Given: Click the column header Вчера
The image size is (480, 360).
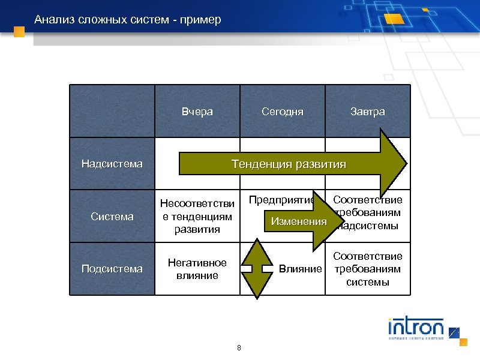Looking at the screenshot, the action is tap(197, 112).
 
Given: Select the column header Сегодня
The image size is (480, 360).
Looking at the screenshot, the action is tap(283, 112).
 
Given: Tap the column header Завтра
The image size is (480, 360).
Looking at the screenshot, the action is tap(368, 112).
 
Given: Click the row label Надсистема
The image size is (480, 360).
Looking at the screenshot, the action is tap(112, 163).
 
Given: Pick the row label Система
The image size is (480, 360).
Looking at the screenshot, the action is tap(112, 217).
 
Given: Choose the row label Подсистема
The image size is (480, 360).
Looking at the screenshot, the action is tap(112, 269).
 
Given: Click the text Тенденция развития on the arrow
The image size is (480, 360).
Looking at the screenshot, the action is tap(289, 164).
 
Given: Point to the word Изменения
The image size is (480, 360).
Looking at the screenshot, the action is tap(299, 221).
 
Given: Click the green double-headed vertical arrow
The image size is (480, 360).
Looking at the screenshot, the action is tap(256, 268).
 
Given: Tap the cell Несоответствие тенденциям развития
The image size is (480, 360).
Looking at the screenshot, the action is tap(197, 217).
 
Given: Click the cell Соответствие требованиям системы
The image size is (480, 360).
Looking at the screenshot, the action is tap(368, 269).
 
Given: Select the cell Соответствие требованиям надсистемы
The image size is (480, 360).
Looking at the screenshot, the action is tap(368, 212).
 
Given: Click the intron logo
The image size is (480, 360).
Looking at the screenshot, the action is tap(416, 328).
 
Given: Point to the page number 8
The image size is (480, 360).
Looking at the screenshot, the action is tap(239, 348).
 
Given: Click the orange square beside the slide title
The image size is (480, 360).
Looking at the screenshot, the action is tap(19, 32).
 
